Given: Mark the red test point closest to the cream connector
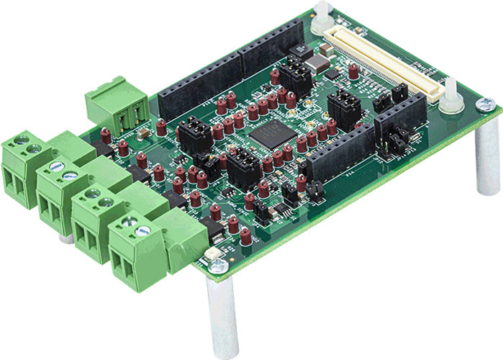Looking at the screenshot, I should coord(353,70).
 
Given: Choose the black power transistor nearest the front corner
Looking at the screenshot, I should coord(212,228).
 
